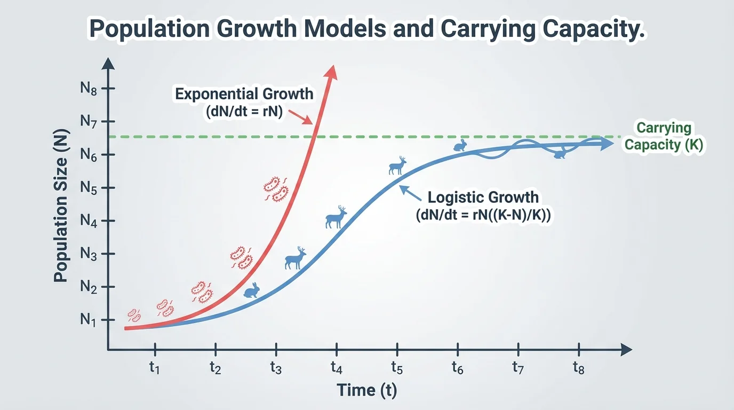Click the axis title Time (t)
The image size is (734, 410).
pyautogui.click(x=367, y=390)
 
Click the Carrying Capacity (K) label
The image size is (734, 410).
pyautogui.click(x=664, y=137)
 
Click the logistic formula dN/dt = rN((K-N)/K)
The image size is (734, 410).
pyautogui.click(x=483, y=215)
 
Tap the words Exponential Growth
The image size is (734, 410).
pyautogui.click(x=244, y=94)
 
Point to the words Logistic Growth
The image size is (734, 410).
pyautogui.click(x=483, y=197)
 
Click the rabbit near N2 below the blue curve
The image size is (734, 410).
pyautogui.click(x=252, y=290)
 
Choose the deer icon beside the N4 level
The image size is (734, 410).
pyautogui.click(x=336, y=217)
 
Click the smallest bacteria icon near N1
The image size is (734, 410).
pyautogui.click(x=134, y=316)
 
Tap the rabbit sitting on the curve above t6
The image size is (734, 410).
pyautogui.click(x=459, y=146)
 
